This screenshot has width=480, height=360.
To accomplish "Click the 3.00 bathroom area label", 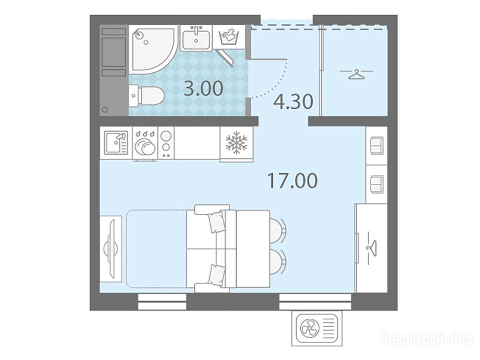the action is tap(203, 88).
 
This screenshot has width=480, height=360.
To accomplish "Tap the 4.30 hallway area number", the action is tap(293, 102).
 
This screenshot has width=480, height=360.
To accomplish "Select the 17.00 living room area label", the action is tap(292, 180).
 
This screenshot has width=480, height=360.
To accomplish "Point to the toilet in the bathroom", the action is tap(146, 96).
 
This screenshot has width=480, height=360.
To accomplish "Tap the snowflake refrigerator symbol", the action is tap(236, 142).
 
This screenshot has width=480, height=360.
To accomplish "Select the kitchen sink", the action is tap(116, 142).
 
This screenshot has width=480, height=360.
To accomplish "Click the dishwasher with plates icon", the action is tap(145, 144).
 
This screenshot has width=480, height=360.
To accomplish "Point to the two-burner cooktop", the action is tap(166, 143).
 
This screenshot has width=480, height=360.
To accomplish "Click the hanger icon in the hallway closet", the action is tap(357, 74).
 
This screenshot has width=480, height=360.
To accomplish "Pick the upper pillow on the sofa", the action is tap(217, 221).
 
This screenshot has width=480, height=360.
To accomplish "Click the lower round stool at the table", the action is tap(277, 261).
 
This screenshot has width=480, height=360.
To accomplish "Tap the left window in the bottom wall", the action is tap(162, 302).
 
